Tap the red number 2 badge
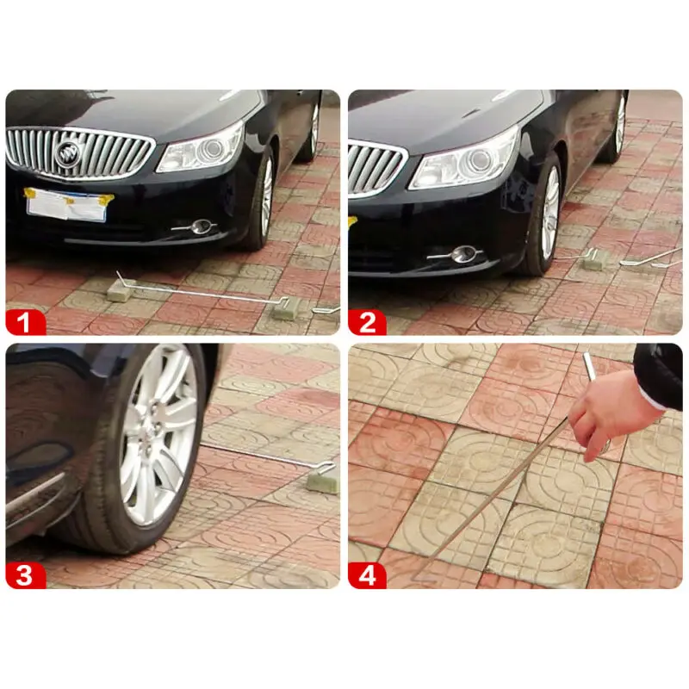tap(368, 323)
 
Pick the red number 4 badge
tap(368, 575)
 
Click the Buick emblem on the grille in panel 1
tap(67, 154)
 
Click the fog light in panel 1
tap(202, 227)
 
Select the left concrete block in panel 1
tap(120, 291)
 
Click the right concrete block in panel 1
tap(286, 308)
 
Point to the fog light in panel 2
tap(464, 254)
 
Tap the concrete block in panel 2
tap(593, 259)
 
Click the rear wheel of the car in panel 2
tap(617, 127)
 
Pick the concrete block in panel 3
tap(323, 478)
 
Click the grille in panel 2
tap(376, 169)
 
